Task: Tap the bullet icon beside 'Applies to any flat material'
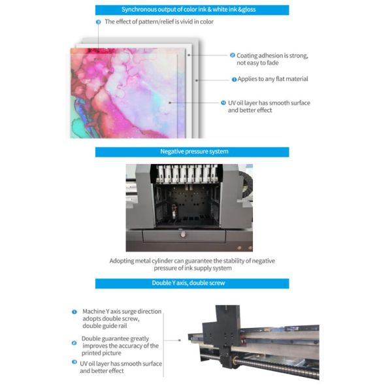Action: point(235,80)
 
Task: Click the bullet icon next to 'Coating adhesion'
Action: point(232,56)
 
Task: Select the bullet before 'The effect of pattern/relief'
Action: point(98,22)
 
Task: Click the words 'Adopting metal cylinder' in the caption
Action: point(140,261)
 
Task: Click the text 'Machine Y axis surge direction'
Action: point(122,312)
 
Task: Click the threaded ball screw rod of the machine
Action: point(274,363)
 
